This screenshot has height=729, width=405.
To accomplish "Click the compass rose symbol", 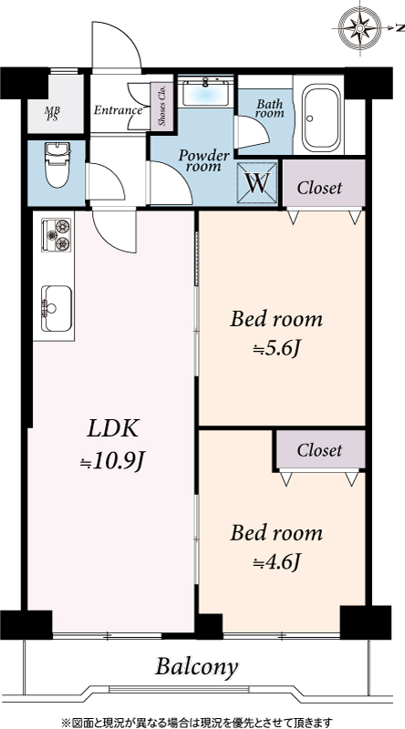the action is [359, 29].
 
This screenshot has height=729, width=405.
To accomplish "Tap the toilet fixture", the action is [57, 165].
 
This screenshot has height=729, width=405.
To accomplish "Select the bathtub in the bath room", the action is [322, 118].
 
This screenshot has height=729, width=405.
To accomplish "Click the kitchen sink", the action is [57, 309].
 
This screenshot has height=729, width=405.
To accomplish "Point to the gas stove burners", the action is [57, 235].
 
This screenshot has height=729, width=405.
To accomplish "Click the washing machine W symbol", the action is [257, 184].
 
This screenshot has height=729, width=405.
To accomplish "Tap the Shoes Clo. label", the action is [161, 106].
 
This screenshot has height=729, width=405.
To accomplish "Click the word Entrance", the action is [118, 110].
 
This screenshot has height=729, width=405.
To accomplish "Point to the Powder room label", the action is [204, 161].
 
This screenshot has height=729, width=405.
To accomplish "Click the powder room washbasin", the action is [205, 93].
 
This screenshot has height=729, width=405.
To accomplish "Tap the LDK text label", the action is [113, 428].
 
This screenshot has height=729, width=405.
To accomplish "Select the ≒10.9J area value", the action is [112, 461].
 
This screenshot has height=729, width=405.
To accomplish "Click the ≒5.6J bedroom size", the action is [275, 350].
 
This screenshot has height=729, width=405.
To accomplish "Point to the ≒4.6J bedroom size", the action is [275, 562].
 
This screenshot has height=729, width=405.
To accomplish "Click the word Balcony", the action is [196, 667].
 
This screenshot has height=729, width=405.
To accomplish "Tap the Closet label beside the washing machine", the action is [319, 188].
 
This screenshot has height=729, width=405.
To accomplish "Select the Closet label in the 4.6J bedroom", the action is [319, 450].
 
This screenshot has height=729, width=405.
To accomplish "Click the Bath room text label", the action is [269, 108].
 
